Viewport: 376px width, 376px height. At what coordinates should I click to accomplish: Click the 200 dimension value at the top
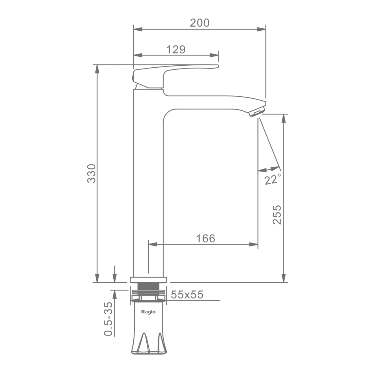point(200,23)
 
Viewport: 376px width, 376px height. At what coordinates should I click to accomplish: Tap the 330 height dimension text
point(91,174)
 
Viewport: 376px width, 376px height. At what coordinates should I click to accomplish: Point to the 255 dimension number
point(277,215)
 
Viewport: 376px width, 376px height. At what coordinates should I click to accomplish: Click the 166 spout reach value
point(205,238)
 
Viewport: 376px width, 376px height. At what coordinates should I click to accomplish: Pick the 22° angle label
point(272,179)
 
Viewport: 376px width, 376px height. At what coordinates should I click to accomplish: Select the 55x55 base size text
point(187,294)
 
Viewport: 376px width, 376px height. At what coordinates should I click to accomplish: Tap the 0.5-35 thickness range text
point(108,319)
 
